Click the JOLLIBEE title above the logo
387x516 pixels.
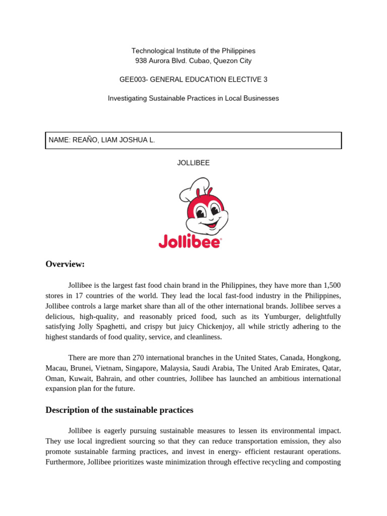(193, 163)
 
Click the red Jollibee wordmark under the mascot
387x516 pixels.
(189, 242)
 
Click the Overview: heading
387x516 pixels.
(65, 264)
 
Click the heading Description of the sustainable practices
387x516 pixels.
(119, 410)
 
